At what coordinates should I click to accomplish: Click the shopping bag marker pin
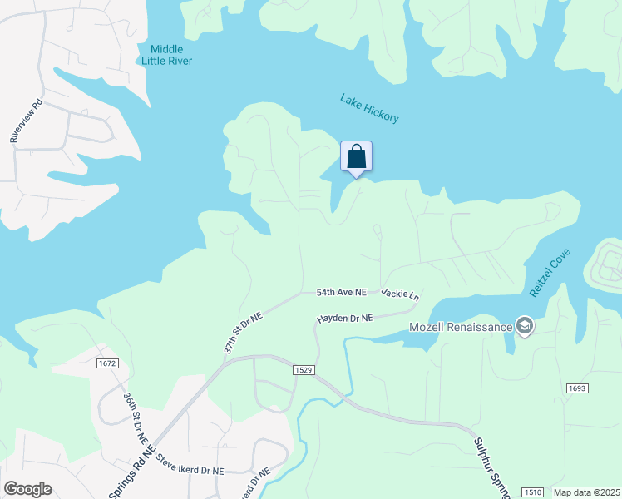(356, 157)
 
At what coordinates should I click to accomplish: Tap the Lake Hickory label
(369, 108)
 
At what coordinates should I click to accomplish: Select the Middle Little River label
(166, 55)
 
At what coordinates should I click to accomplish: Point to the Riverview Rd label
(25, 122)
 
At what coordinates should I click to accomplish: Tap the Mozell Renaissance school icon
(524, 325)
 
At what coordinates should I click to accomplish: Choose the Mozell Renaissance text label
(461, 326)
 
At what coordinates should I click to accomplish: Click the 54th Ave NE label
(341, 293)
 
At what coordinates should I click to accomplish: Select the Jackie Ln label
(401, 294)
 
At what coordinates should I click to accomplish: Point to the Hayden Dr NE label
(345, 319)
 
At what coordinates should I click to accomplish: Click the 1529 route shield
(304, 369)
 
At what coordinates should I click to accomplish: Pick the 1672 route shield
(108, 363)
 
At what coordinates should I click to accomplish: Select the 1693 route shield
(578, 388)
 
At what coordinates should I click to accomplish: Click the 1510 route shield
(533, 493)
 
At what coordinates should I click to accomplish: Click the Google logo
(27, 489)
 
